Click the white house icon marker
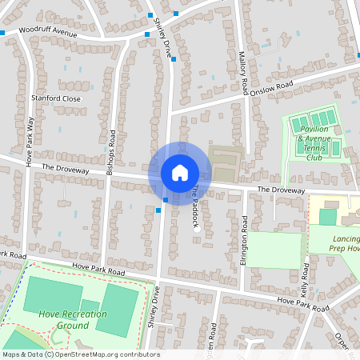point(180,172)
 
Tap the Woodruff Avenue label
point(48,34)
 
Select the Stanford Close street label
point(56,98)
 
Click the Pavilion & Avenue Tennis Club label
point(318,147)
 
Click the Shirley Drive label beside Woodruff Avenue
point(164,35)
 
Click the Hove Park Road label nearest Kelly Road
point(302,303)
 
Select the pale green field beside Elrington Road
point(274,248)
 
